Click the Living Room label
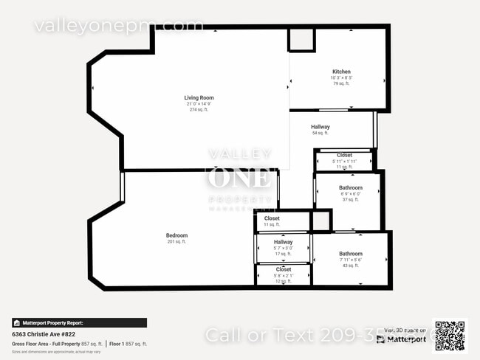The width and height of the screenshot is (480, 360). click(199, 97)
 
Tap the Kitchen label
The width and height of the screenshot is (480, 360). click(340, 72)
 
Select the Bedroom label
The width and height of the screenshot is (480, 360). click(176, 235)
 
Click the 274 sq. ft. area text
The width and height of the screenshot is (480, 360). click(199, 109)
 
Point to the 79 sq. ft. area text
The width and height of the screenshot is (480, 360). click(340, 83)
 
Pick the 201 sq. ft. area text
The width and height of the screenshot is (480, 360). click(176, 242)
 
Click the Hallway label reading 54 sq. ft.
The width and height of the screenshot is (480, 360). click(320, 127)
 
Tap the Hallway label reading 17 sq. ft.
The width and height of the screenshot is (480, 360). click(283, 242)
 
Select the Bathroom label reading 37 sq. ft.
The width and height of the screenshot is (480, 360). click(350, 188)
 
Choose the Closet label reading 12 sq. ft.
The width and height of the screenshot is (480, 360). click(283, 269)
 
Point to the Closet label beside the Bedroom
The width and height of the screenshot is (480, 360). click(272, 218)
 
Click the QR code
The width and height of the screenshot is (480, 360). click(450, 336)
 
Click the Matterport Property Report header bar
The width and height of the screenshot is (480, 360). click(79, 322)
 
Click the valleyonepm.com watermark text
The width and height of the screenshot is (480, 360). click(118, 26)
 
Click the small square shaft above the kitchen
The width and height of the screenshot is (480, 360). click(301, 40)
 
